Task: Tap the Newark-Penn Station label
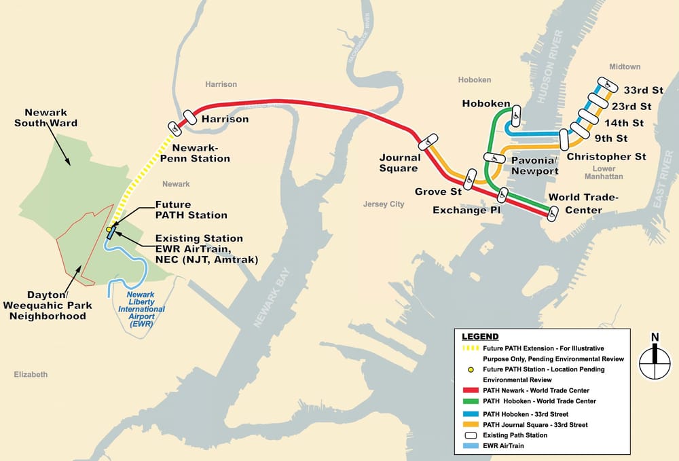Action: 200,153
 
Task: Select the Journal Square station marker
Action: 428,142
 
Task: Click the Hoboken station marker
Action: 516,115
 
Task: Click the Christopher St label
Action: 606,157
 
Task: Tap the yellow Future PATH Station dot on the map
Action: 109,229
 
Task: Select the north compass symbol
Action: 655,358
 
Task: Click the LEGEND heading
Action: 480,336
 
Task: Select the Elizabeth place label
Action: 31,374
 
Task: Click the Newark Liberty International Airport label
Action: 143,309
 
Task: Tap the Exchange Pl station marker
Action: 502,195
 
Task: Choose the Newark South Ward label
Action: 51,117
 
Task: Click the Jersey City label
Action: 384,204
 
